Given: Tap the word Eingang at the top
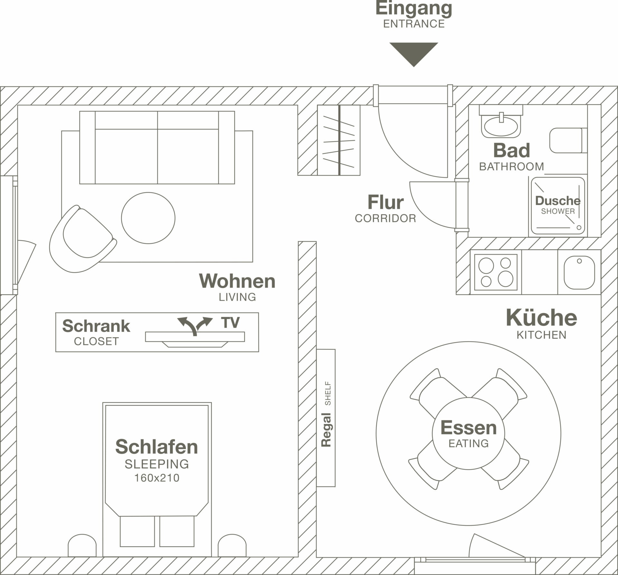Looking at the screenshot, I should click(414, 8).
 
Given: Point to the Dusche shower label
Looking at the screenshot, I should click(557, 201).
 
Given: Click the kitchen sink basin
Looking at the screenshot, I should click(579, 272).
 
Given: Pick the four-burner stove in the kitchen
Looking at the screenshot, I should click(496, 272).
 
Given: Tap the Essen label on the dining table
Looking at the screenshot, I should click(468, 428).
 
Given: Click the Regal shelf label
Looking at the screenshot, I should click(326, 430).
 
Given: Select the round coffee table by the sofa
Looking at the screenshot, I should click(148, 218).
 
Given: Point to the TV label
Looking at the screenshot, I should click(230, 322).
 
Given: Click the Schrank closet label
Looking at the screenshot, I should click(96, 326).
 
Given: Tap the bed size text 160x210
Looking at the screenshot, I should click(157, 478).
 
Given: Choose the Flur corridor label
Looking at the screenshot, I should click(385, 203).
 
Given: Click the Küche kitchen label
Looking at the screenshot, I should click(541, 318).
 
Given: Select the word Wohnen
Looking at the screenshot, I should click(237, 281).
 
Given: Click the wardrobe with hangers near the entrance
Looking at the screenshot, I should click(339, 140).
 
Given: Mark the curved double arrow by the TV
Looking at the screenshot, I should click(195, 325).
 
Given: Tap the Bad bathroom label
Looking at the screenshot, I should click(511, 150).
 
